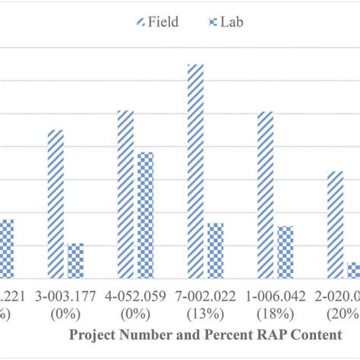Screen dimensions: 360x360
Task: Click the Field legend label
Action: point(163,21)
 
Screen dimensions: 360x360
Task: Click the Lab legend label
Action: point(232,21)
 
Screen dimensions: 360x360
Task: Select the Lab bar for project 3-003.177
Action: point(75,261)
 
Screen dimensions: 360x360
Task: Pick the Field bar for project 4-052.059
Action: point(125,194)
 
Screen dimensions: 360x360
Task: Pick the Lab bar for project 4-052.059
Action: point(145,215)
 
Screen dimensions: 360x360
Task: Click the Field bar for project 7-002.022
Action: point(195,171)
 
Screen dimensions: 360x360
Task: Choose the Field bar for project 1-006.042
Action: point(265,194)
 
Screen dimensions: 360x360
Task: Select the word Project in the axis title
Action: point(93,334)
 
